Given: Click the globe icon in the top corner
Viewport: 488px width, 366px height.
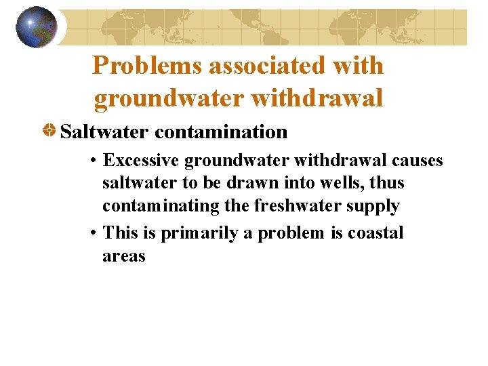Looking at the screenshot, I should click(37, 26).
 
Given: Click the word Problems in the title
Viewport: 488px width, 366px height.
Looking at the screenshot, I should click(149, 66).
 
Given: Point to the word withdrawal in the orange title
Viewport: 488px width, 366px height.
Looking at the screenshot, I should click(317, 98).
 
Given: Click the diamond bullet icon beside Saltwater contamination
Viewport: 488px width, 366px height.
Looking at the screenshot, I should click(49, 131).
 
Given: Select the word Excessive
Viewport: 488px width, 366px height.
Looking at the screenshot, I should click(141, 161).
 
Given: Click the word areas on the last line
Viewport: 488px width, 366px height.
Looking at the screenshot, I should click(124, 256).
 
